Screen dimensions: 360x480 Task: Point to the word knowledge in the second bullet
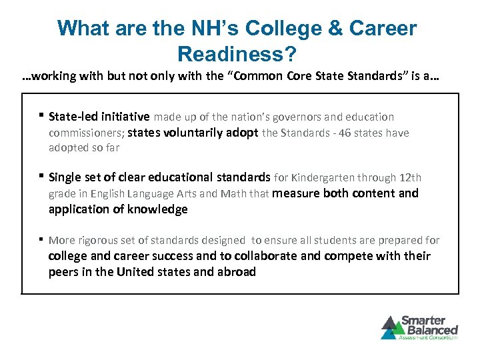click(157, 209)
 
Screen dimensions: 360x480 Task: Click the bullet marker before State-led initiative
click(41, 116)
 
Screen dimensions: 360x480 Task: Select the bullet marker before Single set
click(41, 177)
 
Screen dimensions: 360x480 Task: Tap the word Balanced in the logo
click(432, 329)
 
